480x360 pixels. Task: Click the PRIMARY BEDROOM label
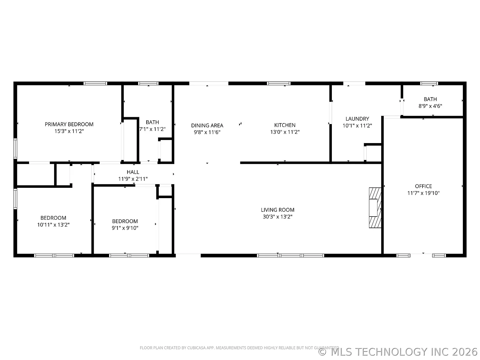(69, 124)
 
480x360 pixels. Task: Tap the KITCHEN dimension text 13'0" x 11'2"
(285, 132)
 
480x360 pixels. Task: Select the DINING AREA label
(207, 125)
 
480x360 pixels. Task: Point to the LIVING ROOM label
(277, 210)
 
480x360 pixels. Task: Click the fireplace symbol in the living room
(375, 207)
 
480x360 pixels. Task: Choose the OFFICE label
(423, 186)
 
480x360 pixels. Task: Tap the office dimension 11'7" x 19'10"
(423, 193)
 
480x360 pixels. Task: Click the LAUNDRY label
(357, 119)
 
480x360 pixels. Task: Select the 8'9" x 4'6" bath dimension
(430, 106)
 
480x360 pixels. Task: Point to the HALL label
(133, 172)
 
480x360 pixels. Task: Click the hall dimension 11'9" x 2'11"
(133, 179)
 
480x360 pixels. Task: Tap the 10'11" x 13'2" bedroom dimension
(53, 225)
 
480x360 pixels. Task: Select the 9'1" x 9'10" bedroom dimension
(125, 228)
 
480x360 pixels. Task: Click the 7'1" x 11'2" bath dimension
(152, 129)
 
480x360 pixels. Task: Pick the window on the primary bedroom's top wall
(95, 83)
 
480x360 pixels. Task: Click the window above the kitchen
(278, 83)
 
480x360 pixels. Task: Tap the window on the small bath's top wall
(429, 83)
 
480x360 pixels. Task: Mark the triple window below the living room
(290, 255)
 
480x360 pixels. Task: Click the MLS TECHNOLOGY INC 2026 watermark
(398, 352)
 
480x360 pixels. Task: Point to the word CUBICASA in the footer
(196, 348)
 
